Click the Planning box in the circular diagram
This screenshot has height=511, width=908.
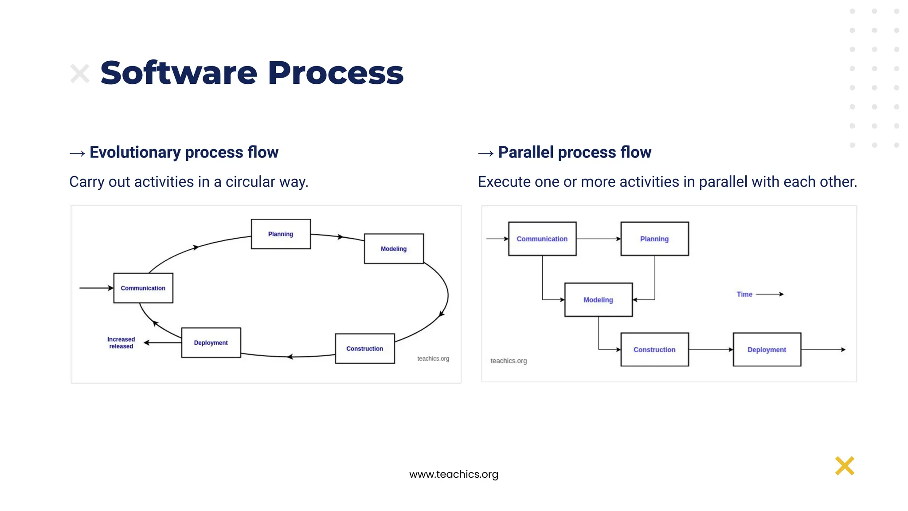coord(281,234)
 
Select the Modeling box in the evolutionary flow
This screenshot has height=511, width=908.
coord(394,248)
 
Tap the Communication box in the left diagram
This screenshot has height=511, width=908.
coord(143,288)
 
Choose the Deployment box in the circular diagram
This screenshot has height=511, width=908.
coord(211,342)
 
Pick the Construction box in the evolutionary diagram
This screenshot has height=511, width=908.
coord(364,349)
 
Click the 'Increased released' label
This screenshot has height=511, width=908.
coord(121,343)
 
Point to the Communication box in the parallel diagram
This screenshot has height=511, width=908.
coord(542,239)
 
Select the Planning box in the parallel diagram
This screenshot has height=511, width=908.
coord(654,239)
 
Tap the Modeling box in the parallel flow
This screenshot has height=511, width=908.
coord(598,300)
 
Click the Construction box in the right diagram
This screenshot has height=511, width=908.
coord(654,350)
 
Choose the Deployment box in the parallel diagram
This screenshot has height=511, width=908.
coord(767,350)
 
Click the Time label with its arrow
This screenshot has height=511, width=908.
coord(759,294)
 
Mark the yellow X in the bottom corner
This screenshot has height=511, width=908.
coord(844,466)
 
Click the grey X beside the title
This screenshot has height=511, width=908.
coord(80,74)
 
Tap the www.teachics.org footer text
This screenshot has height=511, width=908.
coord(454,474)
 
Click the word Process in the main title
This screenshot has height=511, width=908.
coord(336,73)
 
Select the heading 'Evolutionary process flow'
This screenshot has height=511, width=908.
coord(184,152)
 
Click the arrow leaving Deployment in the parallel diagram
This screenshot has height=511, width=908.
coord(823,350)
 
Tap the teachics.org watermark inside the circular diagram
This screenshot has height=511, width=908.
coord(433,358)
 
